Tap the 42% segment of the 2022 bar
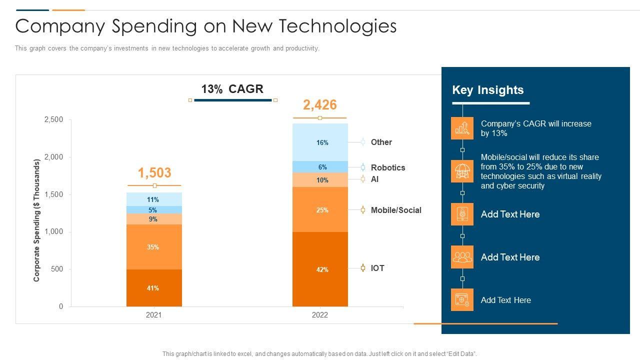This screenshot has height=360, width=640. (x=320, y=269)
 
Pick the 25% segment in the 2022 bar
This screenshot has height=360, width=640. (x=320, y=210)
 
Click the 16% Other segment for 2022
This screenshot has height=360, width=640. (x=320, y=142)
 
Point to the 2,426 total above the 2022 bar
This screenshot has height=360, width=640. (x=320, y=105)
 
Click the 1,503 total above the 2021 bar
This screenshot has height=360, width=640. (x=154, y=173)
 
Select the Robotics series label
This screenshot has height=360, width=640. (x=387, y=167)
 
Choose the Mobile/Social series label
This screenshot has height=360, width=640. (x=396, y=210)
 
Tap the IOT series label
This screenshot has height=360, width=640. (x=377, y=268)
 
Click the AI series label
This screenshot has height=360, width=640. (x=374, y=179)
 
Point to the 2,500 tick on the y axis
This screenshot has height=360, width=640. (x=54, y=119)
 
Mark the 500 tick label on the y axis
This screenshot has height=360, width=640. (x=57, y=269)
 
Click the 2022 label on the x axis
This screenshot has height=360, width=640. (x=320, y=315)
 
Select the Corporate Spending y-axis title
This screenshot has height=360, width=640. (x=36, y=220)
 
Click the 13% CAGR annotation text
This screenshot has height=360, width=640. (x=232, y=89)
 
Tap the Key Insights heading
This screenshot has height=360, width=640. (x=487, y=90)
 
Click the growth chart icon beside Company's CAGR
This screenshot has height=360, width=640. (x=462, y=128)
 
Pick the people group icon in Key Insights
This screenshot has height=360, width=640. (x=462, y=257)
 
